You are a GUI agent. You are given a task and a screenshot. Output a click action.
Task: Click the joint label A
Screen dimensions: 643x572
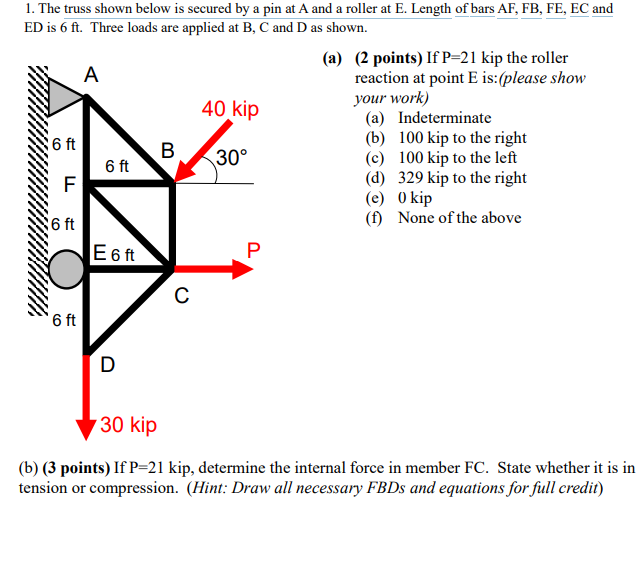click(x=92, y=74)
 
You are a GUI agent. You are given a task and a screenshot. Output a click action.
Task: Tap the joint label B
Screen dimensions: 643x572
click(x=168, y=150)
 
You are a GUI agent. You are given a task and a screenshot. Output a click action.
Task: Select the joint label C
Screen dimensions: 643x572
click(x=180, y=295)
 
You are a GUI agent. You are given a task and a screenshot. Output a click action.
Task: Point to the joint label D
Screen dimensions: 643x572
click(x=108, y=364)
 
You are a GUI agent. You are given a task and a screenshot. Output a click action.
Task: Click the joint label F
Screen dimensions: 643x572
click(x=69, y=184)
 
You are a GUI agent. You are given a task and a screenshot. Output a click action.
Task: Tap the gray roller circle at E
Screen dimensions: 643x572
click(x=66, y=268)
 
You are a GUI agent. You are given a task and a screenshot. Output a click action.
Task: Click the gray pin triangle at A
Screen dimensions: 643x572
click(x=65, y=95)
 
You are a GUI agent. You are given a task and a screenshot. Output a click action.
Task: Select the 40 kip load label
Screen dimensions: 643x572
click(x=229, y=109)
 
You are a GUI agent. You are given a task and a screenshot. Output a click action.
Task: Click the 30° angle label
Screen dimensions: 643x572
click(x=231, y=158)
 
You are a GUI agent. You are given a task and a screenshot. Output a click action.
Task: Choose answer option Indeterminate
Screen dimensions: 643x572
click(x=444, y=118)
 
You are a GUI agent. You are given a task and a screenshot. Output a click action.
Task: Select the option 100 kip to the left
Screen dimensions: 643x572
click(x=457, y=158)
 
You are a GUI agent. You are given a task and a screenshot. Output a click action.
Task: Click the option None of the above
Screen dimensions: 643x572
click(x=459, y=218)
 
